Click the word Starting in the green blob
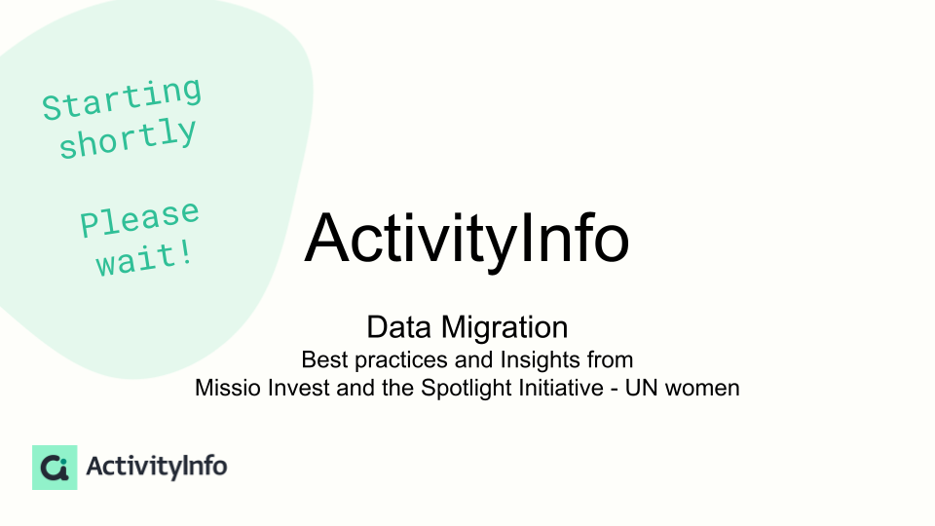(x=123, y=98)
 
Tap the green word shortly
(x=128, y=138)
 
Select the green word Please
(x=139, y=219)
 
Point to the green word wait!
(x=145, y=259)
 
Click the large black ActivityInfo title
(x=467, y=239)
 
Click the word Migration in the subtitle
(x=505, y=328)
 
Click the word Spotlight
(x=467, y=389)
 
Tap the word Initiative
(x=561, y=388)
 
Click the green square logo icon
(x=55, y=468)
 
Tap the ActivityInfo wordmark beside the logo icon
(x=156, y=467)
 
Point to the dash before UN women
(x=615, y=390)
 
